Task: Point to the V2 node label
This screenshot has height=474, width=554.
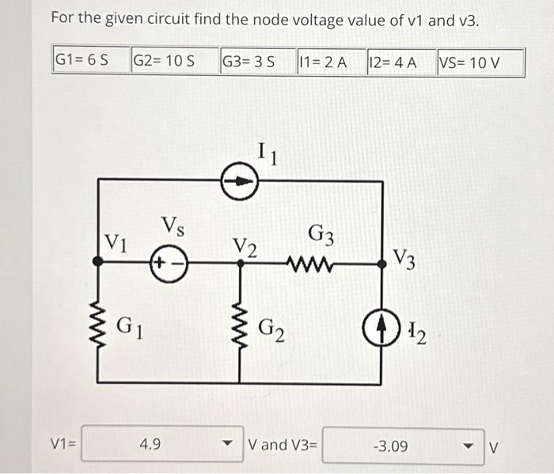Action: point(246,248)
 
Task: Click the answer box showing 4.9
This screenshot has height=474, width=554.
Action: point(150,446)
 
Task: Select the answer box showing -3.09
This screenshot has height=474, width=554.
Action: point(392,446)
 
